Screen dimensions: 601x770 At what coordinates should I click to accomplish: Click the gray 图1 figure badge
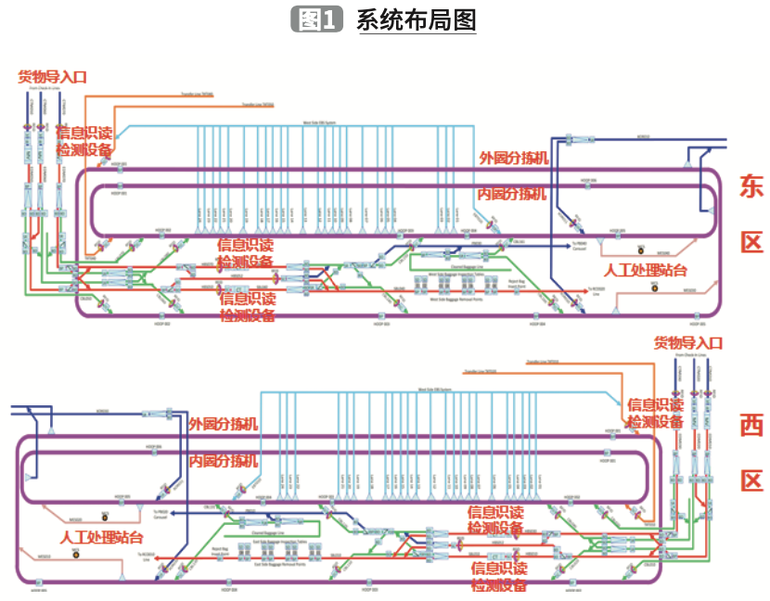pos(318,19)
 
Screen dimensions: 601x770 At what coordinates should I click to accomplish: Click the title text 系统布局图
pos(416,19)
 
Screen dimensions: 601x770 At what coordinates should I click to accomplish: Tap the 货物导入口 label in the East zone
pos(53,77)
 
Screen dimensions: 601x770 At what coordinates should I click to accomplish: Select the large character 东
pos(751,185)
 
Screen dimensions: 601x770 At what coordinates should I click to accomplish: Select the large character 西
pos(751,425)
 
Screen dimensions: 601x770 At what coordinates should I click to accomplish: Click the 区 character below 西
pos(751,480)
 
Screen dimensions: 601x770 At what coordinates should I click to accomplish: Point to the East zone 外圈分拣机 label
pos(513,158)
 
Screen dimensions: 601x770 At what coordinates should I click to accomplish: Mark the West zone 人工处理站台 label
pos(102,537)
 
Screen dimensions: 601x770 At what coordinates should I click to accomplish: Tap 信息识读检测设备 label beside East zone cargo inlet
pos(84,140)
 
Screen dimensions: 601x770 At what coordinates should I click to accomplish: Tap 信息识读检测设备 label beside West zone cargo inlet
pos(656,413)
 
